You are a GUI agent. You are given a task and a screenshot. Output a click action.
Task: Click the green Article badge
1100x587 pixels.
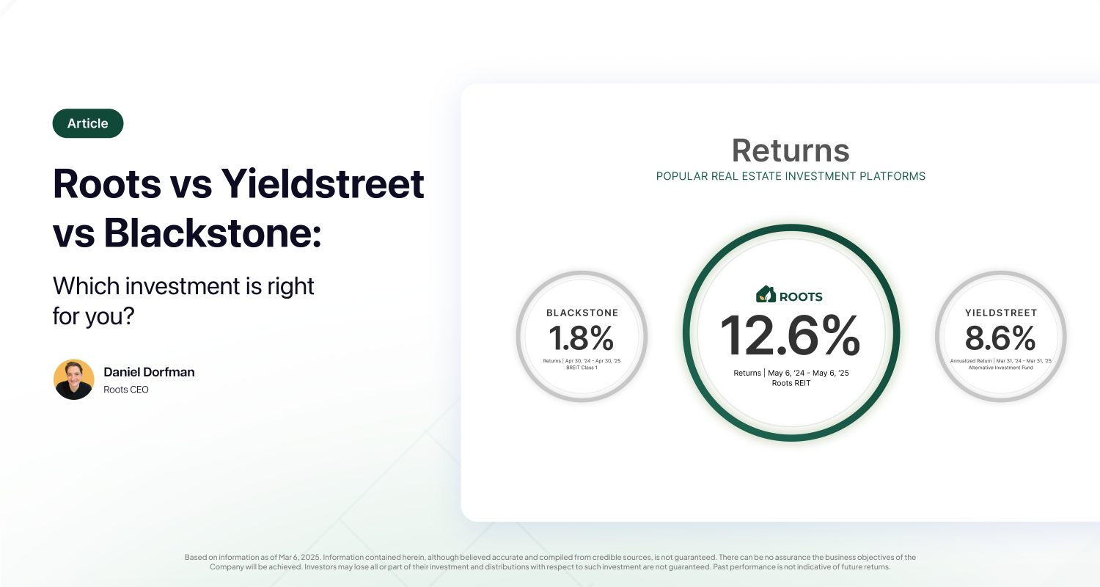coord(88,123)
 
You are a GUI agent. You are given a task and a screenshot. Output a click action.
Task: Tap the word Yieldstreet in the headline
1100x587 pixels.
coord(323,183)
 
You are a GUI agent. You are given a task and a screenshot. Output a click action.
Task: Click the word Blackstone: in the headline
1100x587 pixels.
coord(213,233)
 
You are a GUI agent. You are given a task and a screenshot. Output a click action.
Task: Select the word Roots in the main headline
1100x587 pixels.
coord(107,183)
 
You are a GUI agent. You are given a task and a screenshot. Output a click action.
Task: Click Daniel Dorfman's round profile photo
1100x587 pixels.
coord(73,379)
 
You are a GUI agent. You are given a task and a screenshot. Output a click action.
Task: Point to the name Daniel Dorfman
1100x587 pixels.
coord(150,372)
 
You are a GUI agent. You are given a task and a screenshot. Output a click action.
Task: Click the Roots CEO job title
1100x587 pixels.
coord(126,390)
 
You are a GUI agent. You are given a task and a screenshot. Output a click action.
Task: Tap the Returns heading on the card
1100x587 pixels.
coord(791,150)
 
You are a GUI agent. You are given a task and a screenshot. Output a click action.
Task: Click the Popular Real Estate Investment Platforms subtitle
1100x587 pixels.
coord(791,176)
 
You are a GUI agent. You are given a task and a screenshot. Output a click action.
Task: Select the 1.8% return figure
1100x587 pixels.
coord(582,338)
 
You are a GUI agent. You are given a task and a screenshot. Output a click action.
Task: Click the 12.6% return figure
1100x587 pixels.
coord(791,335)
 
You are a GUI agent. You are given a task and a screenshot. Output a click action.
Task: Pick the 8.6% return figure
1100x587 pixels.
coord(1000,338)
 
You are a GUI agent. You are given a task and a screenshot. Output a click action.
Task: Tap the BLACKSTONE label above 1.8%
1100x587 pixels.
coord(582,313)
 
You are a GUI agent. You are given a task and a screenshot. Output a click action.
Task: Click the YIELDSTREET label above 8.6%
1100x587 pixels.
coord(1001,313)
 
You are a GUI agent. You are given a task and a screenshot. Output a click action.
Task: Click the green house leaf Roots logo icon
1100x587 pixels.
coord(766,294)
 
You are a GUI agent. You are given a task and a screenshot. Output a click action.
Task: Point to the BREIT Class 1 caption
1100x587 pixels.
coord(582,368)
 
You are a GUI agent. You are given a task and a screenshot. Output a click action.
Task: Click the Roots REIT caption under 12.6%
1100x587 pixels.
coord(791,383)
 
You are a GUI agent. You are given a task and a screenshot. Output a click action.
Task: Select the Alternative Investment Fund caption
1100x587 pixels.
coord(1001,368)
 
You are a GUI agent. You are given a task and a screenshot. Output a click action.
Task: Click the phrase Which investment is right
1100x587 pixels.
coord(183,286)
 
